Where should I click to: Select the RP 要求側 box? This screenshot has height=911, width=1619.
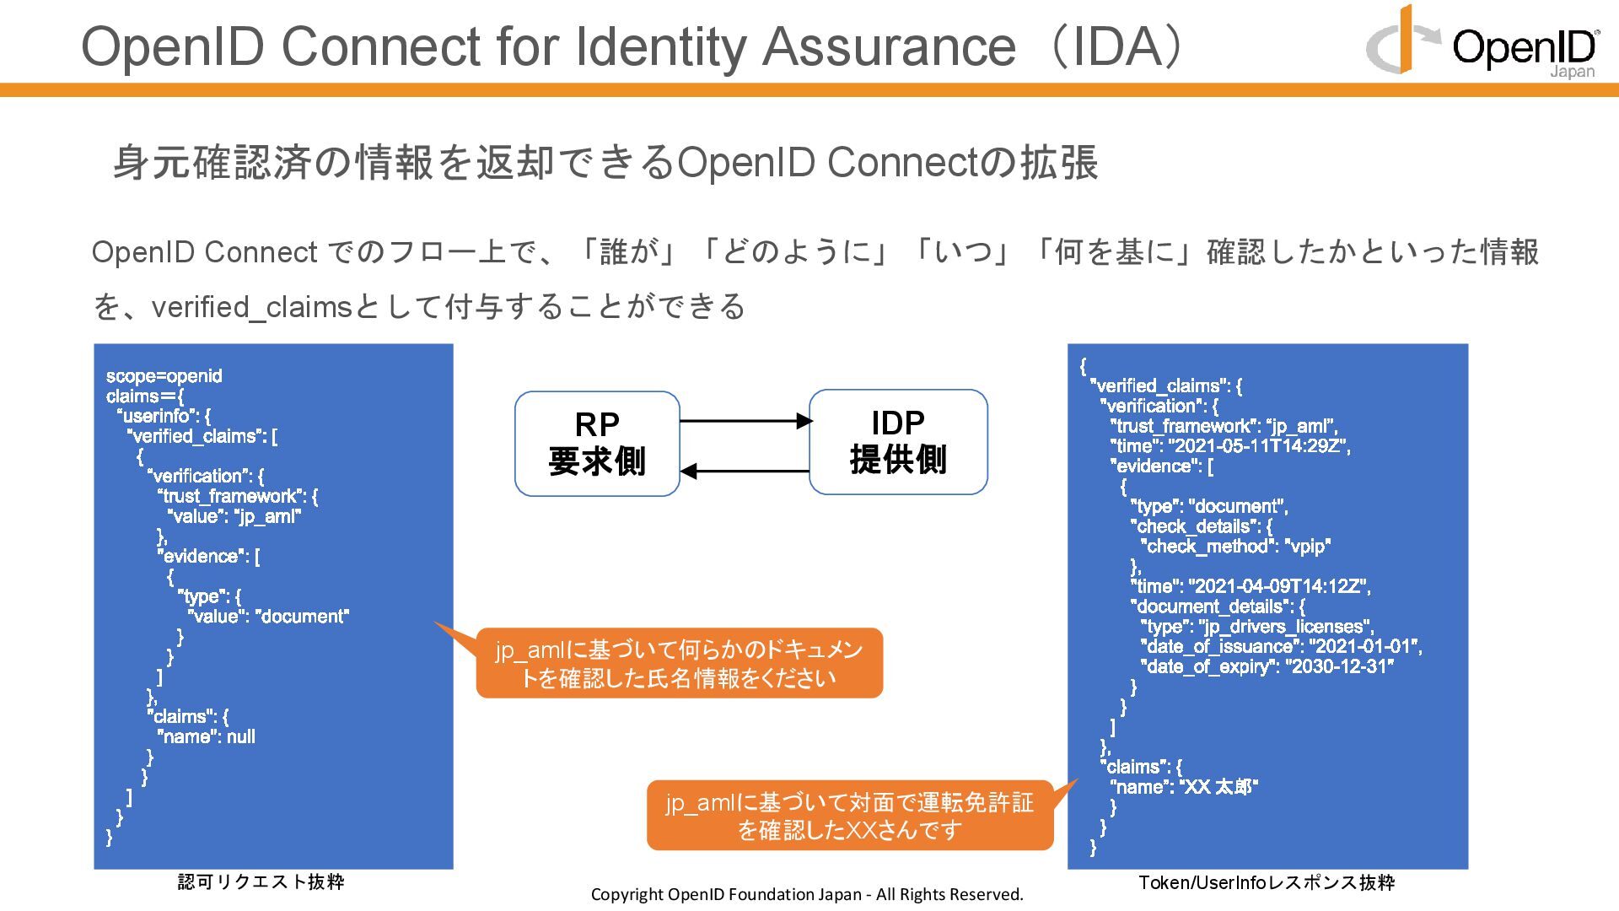597,444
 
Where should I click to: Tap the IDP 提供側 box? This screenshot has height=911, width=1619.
898,442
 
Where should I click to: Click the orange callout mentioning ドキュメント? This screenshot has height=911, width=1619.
679,663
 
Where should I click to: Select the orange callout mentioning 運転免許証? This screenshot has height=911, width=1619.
849,816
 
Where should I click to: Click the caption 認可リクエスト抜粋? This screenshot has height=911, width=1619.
261,881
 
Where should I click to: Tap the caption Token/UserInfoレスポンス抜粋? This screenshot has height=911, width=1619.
1267,882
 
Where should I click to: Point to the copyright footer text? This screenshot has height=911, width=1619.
807,894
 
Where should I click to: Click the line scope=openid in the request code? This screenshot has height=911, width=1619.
164,376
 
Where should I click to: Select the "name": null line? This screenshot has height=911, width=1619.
207,737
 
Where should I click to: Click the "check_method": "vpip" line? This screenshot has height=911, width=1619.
1235,547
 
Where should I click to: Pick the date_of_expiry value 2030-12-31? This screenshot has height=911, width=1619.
1342,667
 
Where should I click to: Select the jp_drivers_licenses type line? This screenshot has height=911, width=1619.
1257,627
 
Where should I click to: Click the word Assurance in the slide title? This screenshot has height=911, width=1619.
889,46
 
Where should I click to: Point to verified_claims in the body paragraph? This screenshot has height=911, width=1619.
251,307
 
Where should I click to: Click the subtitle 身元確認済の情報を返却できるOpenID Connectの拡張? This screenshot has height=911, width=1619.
605,163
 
